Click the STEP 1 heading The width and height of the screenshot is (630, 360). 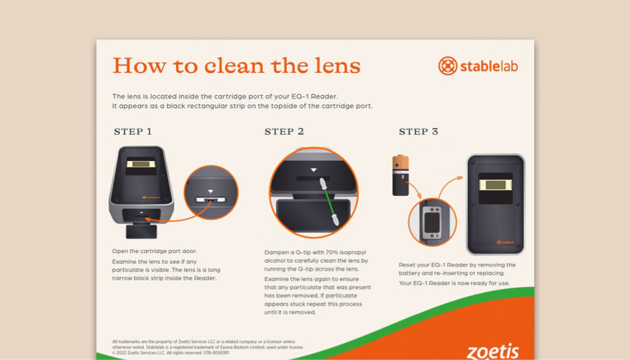pos(133,131)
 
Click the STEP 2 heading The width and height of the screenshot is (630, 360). pos(284,131)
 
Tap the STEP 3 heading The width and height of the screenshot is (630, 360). pos(418,131)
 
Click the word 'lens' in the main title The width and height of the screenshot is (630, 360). pos(338,66)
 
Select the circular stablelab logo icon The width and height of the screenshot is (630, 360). pos(447,66)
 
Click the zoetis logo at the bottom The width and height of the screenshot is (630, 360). pos(493,351)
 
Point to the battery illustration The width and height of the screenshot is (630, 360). pos(401,175)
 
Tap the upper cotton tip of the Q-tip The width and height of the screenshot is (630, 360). pos(323,184)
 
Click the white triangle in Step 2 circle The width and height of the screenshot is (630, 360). pos(313,170)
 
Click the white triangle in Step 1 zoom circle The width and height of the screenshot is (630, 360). pos(210,191)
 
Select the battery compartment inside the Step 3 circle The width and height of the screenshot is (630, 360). pos(432,222)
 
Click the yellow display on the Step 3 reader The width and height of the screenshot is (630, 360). pos(495,185)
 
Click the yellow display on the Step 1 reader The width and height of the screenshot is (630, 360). pos(141,164)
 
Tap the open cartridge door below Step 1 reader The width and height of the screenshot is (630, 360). pos(141,231)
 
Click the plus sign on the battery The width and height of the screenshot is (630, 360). pos(397,165)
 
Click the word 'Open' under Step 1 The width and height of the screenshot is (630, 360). pos(120,251)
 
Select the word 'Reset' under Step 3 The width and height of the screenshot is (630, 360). pos(407,265)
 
